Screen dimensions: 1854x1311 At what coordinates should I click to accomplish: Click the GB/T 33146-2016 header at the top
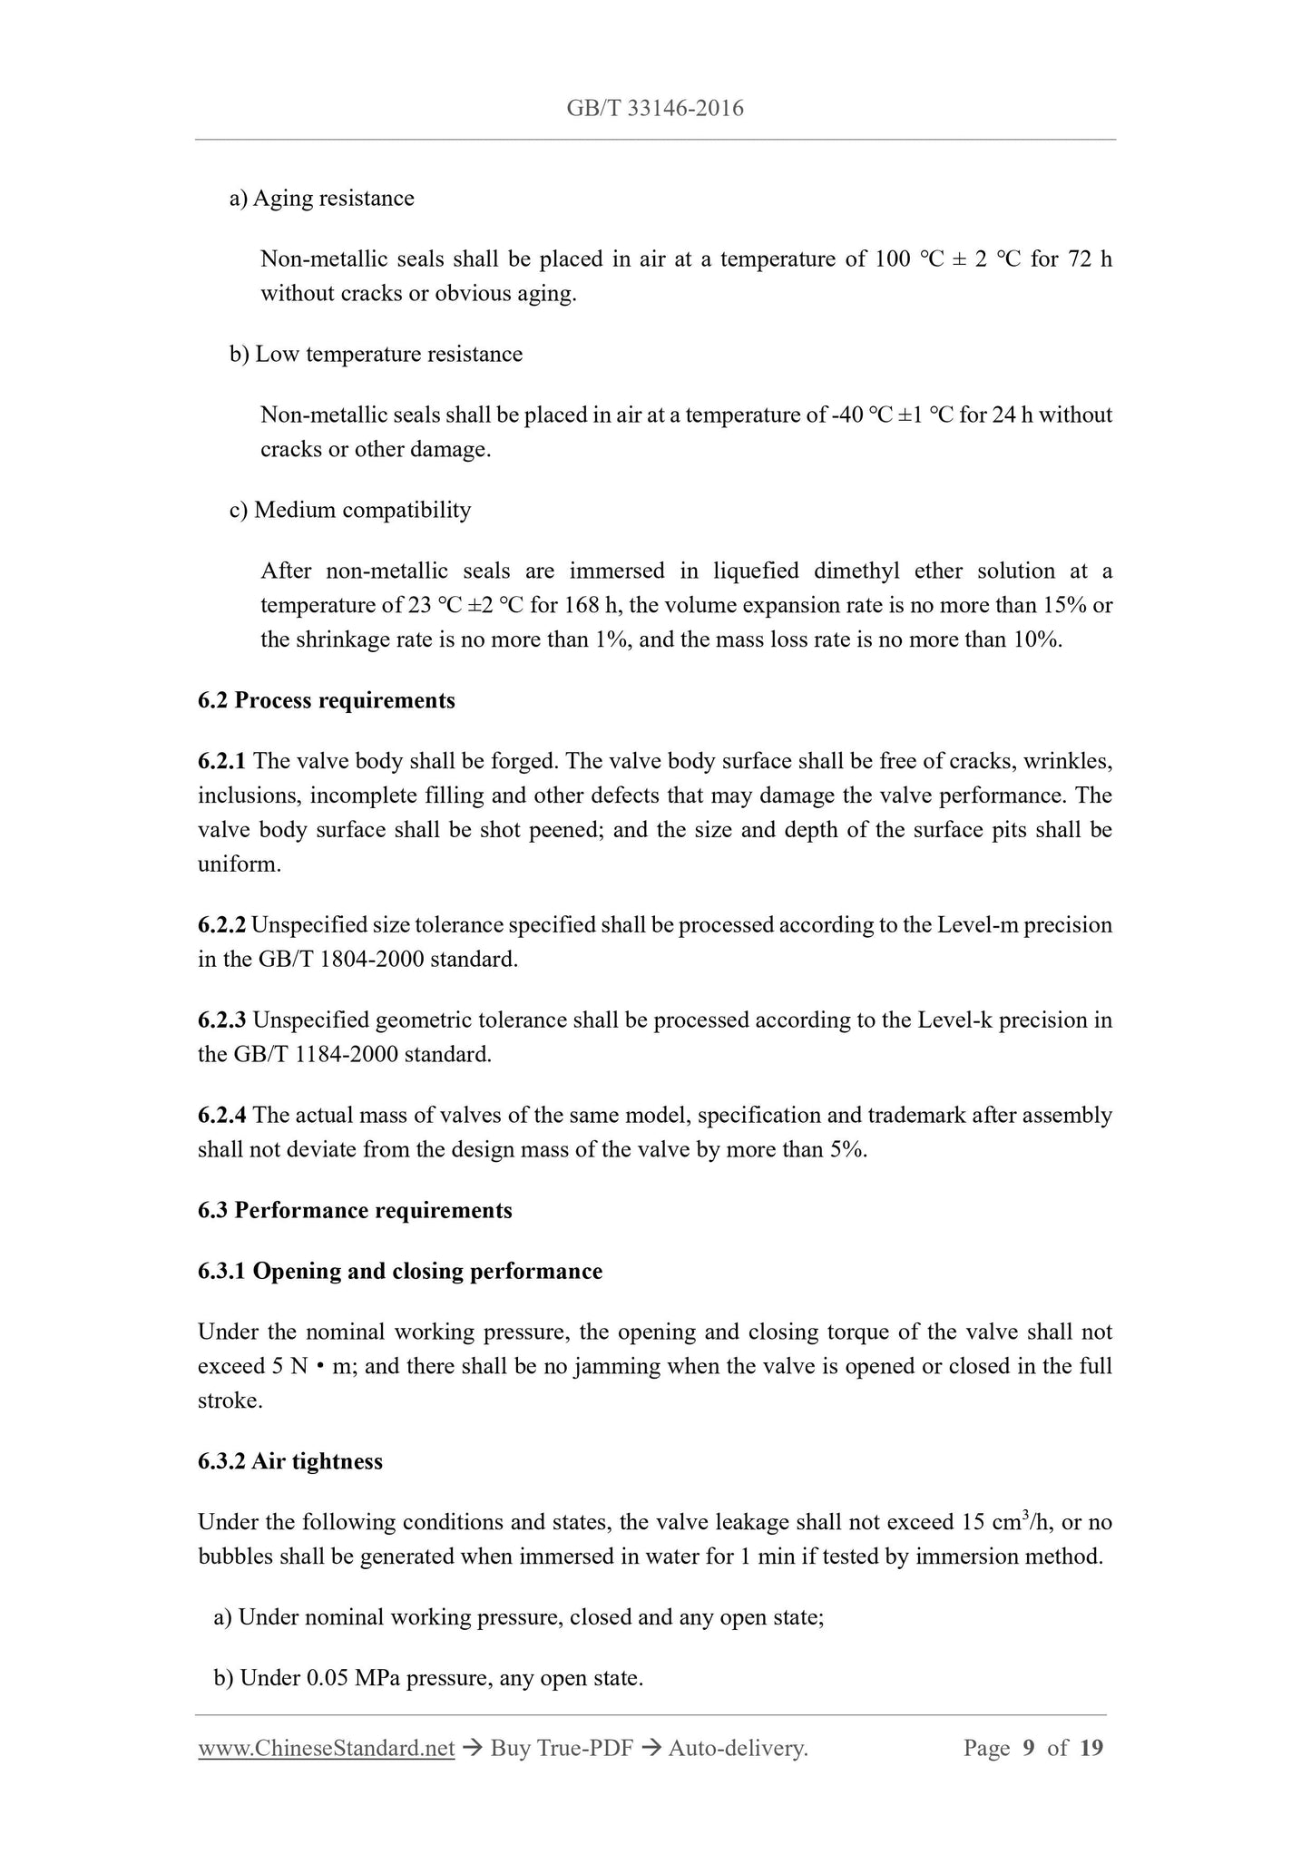coord(654,109)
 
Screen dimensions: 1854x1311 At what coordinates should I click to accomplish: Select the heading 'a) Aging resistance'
coord(322,199)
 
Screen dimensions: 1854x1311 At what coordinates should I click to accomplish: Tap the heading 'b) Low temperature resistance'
coord(376,354)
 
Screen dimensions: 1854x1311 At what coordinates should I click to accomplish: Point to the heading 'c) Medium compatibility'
coord(350,510)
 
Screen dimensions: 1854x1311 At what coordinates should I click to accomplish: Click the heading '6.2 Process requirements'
coord(327,700)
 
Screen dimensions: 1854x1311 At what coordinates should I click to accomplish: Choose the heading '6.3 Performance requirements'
coord(355,1211)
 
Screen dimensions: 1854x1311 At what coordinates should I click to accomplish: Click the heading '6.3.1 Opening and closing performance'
coord(400,1271)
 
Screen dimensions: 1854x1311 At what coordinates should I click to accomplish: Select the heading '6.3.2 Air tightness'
coord(290,1461)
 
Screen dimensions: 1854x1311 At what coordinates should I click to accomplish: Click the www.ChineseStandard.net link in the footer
coord(326,1748)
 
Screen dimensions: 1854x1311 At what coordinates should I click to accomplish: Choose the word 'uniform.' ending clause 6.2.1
coord(240,864)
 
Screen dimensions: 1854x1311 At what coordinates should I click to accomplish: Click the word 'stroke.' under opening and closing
coord(230,1400)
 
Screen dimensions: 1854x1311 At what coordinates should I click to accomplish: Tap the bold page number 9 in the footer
coord(1028,1748)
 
